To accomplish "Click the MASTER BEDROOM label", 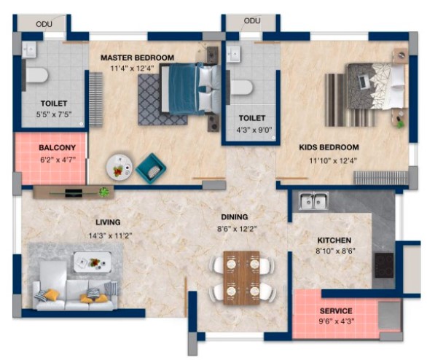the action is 137,58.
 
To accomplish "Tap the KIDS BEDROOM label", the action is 329,147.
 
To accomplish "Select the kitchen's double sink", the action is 314,200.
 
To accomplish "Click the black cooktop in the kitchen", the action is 384,265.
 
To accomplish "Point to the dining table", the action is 241,278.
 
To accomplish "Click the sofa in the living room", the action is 75,295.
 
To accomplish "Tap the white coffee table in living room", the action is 93,262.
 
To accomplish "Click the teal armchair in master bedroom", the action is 151,168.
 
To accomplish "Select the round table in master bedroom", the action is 120,167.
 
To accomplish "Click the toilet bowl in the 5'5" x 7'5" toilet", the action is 37,75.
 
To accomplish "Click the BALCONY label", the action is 57,148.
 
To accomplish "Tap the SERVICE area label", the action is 336,311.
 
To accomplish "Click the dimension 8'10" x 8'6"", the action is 335,251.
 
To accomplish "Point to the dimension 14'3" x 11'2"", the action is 110,235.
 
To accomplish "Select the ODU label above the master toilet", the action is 44,24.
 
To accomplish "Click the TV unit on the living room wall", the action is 74,192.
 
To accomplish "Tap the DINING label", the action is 235,217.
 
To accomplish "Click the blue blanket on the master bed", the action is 183,89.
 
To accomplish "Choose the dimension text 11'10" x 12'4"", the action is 333,160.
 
